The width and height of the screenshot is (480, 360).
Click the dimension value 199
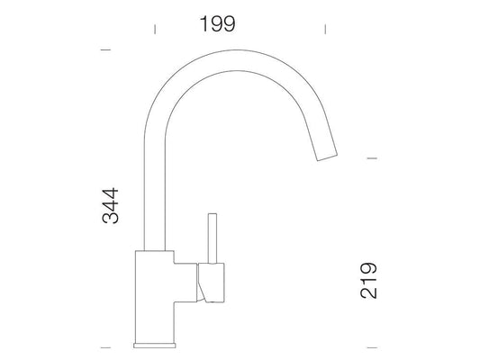coord(218,24)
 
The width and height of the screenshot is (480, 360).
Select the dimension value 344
coord(110,205)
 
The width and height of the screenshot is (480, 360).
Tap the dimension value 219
coord(368,280)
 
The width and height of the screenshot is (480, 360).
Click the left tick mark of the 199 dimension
coord(155,30)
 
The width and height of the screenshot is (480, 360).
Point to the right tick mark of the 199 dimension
coord(325,30)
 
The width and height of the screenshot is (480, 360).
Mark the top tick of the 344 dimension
coord(105,49)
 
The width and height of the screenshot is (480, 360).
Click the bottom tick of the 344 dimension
coord(105,347)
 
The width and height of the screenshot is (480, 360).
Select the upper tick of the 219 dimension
coord(372,158)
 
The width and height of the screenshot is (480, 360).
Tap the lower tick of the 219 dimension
coord(372,347)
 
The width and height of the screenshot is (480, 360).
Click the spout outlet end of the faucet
coord(327,157)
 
